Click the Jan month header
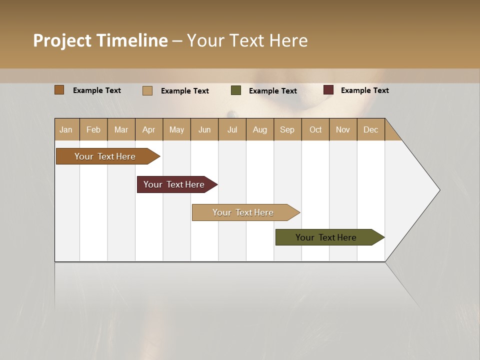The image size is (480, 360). pos(66,129)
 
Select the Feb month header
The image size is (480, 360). pos(93,129)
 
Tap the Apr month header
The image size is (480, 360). pos(148,129)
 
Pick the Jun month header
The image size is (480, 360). pos(204,129)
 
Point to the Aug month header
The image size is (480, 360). pos(259,129)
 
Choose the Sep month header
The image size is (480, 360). pos(287,129)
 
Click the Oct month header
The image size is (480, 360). pos(315,129)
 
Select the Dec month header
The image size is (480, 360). pos(370,129)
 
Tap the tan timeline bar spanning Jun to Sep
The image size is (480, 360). pos(243,212)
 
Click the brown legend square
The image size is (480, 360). pos(59,90)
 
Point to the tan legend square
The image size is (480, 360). pos(147,90)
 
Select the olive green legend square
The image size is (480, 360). pos(236,90)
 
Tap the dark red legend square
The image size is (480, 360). pos(328,90)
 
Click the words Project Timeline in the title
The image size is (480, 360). pos(100,40)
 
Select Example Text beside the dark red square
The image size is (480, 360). pos(364,90)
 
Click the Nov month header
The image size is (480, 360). pos(343,129)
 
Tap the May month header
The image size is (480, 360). pos(176,129)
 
